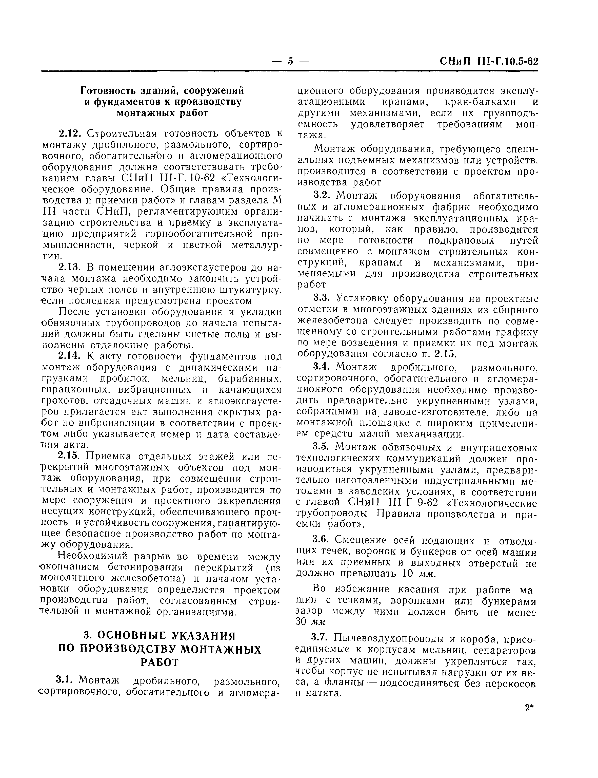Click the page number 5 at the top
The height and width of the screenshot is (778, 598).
pyautogui.click(x=290, y=62)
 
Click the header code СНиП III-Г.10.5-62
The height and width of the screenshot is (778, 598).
pyautogui.click(x=489, y=61)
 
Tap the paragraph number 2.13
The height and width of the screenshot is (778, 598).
pyautogui.click(x=70, y=267)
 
